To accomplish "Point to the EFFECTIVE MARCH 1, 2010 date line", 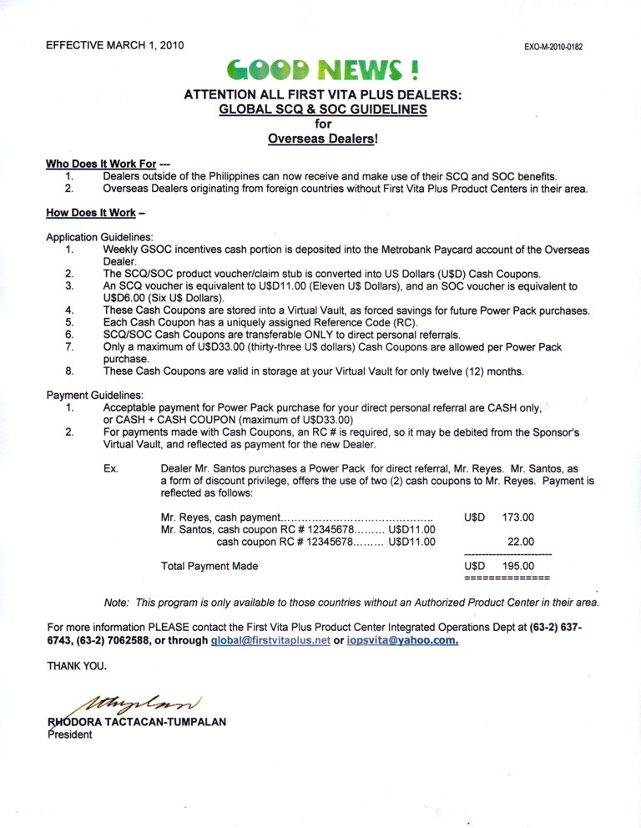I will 115,44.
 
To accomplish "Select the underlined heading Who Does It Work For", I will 101,164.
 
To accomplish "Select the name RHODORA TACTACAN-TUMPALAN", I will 138,722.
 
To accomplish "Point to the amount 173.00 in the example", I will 517,517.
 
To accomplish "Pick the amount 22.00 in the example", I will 521,542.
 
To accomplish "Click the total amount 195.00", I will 517,566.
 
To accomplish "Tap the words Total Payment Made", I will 209,566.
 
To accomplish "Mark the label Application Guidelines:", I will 99,237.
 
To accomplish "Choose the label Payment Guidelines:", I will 95,394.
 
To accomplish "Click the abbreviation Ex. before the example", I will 110,469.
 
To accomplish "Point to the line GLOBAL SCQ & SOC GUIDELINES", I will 322,109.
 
